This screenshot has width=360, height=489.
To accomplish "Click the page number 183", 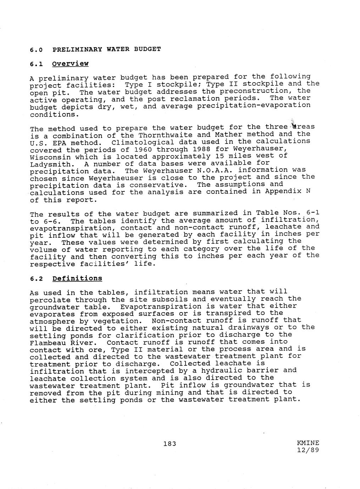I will click(170, 444).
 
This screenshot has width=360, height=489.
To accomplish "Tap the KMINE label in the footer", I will click(308, 443).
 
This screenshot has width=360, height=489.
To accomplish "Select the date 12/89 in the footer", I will click(308, 450).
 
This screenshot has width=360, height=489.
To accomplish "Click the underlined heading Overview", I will click(70, 64).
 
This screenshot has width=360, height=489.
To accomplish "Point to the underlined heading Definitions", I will click(77, 279).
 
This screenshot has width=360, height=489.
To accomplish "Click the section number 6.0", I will click(37, 50).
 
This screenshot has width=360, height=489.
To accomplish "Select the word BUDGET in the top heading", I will click(147, 49).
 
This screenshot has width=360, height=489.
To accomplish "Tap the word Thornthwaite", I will click(165, 135).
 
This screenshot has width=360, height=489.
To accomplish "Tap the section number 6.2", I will click(37, 279).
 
